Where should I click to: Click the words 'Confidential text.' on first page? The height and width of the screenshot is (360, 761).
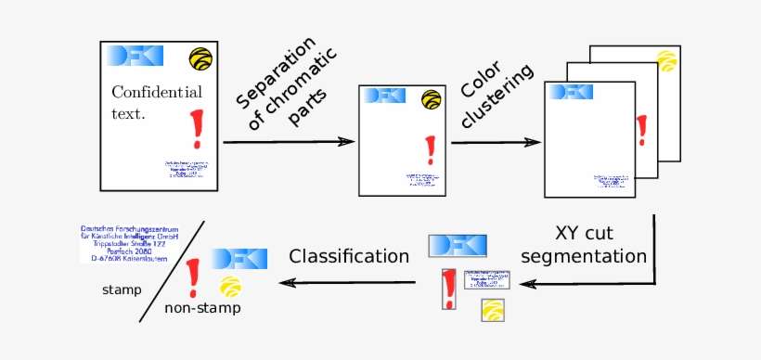click(x=156, y=102)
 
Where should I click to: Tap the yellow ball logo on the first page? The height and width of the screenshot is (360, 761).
click(x=200, y=58)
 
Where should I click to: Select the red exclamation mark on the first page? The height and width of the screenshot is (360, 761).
click(x=195, y=129)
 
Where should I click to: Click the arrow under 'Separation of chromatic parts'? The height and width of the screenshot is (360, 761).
click(x=289, y=142)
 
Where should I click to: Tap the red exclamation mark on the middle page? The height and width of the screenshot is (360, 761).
click(x=429, y=149)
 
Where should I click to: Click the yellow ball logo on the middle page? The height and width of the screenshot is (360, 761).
click(x=431, y=98)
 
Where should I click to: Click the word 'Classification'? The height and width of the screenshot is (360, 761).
click(x=348, y=255)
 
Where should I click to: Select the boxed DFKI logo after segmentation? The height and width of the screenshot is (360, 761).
click(x=456, y=246)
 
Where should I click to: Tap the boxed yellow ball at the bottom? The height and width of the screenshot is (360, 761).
click(x=493, y=310)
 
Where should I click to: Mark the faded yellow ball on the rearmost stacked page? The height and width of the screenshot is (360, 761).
click(x=665, y=60)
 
